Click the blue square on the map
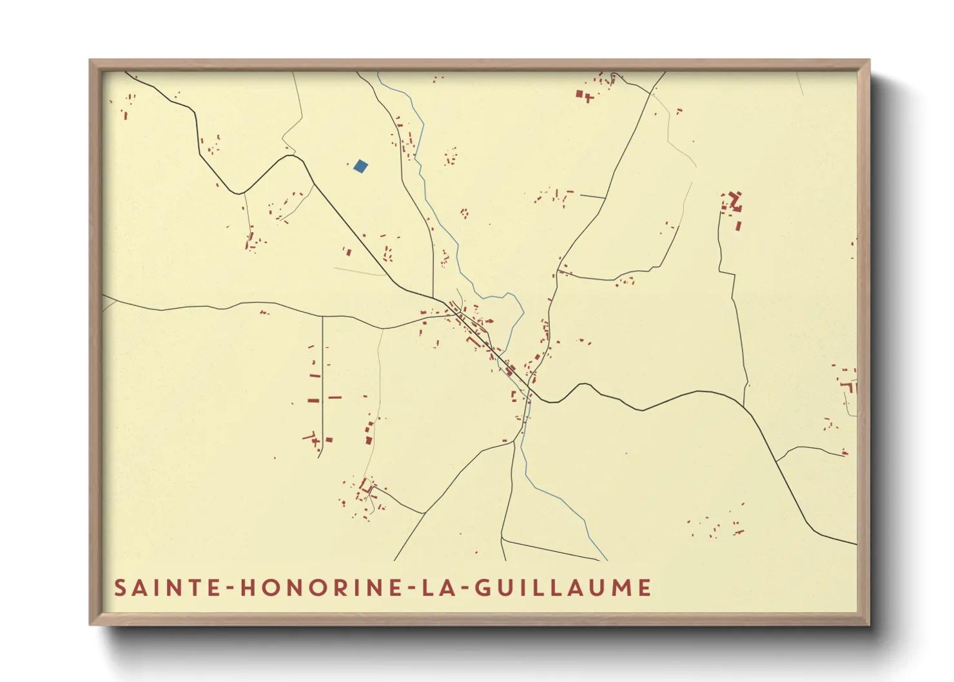coord(360,166)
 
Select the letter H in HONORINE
coord(249,588)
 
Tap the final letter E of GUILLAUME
coord(644,588)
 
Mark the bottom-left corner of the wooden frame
coord(91,623)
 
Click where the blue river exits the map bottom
coord(607,560)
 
